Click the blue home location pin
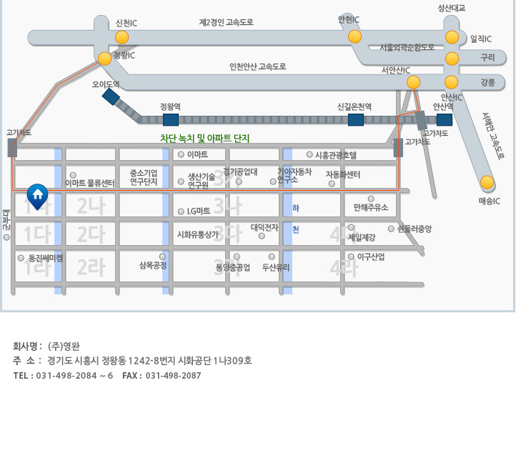(x=37, y=195)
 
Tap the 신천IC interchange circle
(x=122, y=37)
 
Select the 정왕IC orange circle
(x=105, y=59)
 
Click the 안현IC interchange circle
(x=354, y=36)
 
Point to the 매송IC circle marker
(x=487, y=182)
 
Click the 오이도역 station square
(x=111, y=96)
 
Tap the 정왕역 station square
(x=171, y=119)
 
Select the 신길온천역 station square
(x=355, y=119)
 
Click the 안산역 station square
(x=445, y=119)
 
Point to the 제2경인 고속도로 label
(x=226, y=23)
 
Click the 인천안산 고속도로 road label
(x=257, y=66)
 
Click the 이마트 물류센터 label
(x=89, y=183)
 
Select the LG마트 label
(x=198, y=211)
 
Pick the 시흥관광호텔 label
(x=335, y=154)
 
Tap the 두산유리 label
(x=276, y=268)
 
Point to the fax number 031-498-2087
(x=173, y=376)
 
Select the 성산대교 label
(x=452, y=8)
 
